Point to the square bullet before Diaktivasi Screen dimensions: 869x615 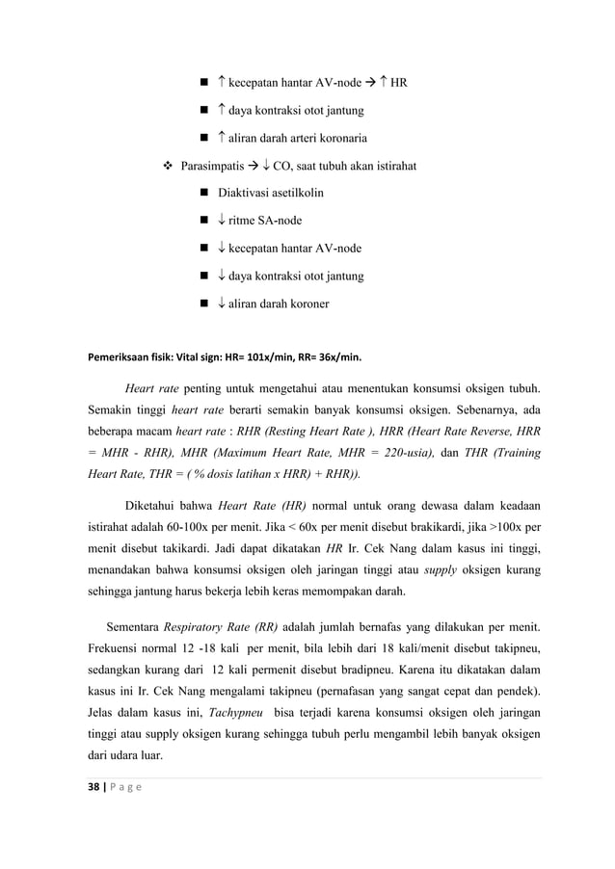click(203, 194)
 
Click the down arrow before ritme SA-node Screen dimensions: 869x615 click(222, 221)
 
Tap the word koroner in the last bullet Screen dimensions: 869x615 click(307, 303)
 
